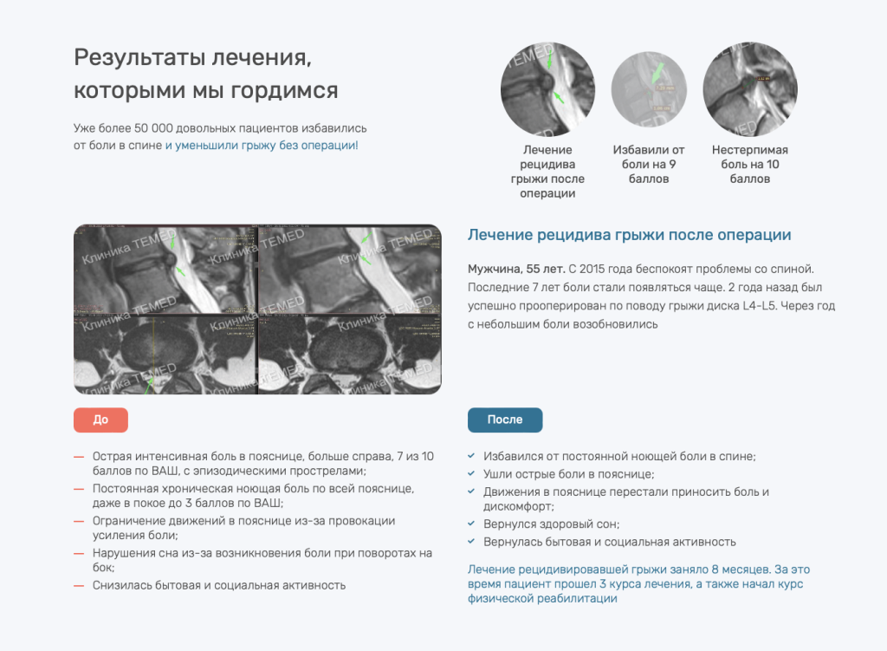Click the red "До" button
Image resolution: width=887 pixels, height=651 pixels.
point(100,420)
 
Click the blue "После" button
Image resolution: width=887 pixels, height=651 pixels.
point(505,420)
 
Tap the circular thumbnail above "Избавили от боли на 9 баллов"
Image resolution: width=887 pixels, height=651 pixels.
point(649,88)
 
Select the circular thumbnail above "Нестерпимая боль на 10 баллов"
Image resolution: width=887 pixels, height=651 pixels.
point(749,88)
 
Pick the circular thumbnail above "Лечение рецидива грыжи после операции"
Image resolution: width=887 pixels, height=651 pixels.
point(547,88)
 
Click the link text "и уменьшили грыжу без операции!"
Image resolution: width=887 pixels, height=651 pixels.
point(262,145)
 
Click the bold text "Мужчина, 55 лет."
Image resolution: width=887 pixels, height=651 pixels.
point(515,269)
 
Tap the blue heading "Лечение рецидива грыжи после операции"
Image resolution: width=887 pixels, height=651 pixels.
point(629,235)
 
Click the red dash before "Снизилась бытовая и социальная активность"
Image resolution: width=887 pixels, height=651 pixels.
point(80,585)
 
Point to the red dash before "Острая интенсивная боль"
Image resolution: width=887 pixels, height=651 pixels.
point(80,456)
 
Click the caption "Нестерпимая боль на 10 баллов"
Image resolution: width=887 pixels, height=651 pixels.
point(749,165)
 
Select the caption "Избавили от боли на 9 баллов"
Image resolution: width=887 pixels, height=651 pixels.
point(649,165)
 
